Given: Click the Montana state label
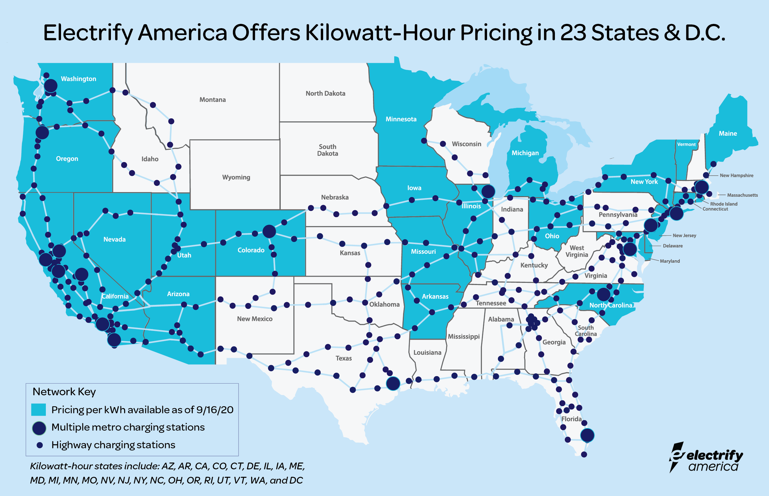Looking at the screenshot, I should click(x=213, y=99).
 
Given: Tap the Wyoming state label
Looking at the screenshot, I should click(x=236, y=177).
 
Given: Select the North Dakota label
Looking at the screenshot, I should click(x=325, y=93).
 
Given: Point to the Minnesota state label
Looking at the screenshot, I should click(x=401, y=119).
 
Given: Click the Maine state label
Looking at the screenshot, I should click(x=728, y=133).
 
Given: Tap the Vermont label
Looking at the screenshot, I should click(x=686, y=144).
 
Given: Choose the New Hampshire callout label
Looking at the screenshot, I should click(x=736, y=176).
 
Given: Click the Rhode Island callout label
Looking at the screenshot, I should click(x=723, y=204).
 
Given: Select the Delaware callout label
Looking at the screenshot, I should click(x=673, y=246).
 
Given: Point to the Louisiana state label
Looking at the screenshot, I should click(x=427, y=352).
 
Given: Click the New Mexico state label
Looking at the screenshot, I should click(x=255, y=319).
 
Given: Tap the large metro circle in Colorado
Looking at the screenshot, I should click(x=269, y=231).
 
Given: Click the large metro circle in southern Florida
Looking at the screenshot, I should click(x=587, y=435).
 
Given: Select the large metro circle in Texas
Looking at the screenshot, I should click(x=393, y=384).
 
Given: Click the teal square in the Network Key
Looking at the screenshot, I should click(x=38, y=410).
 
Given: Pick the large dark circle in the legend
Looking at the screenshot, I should click(x=39, y=428).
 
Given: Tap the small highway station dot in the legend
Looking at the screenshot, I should click(x=40, y=445).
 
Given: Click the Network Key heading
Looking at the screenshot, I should click(x=64, y=392).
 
